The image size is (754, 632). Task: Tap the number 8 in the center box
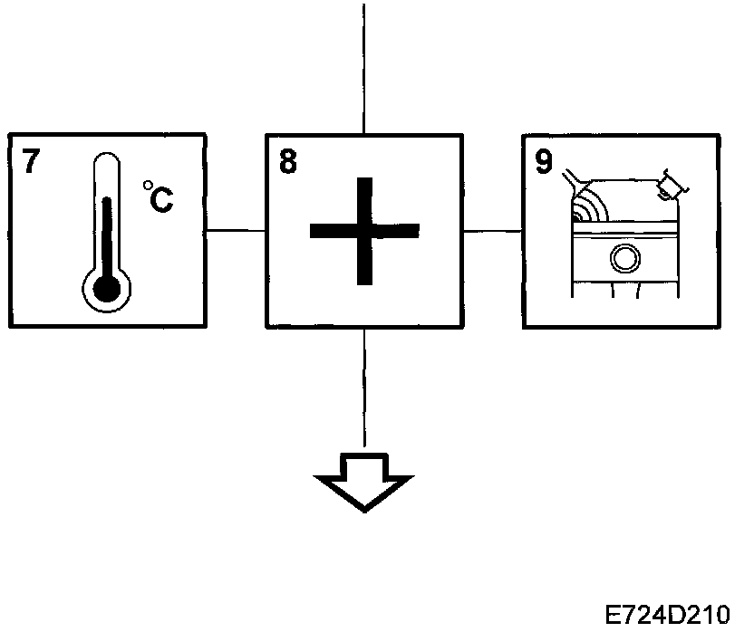[x=287, y=163]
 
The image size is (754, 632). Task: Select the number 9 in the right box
[x=544, y=162]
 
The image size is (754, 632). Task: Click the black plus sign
[x=364, y=231]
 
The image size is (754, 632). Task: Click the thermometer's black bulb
[x=107, y=288]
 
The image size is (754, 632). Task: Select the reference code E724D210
[x=668, y=613]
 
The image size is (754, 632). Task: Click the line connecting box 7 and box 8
[x=235, y=231]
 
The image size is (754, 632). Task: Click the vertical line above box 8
[x=363, y=63]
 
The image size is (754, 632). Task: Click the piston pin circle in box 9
[x=623, y=260]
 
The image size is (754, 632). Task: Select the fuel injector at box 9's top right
[x=673, y=186]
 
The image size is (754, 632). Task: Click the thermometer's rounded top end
[x=107, y=161]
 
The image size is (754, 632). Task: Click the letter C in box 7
[x=162, y=200]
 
